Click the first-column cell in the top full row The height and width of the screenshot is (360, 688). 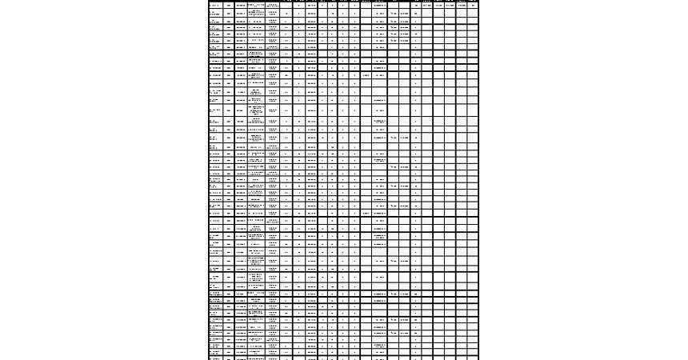click(215, 6)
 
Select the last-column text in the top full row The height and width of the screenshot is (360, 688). click(473, 6)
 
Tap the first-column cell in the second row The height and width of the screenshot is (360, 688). click(215, 14)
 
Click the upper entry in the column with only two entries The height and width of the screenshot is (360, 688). click(366, 76)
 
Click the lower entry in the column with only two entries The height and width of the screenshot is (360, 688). click(366, 214)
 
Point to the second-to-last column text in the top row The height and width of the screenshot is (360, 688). click(462, 6)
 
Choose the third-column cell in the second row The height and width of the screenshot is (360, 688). click(241, 14)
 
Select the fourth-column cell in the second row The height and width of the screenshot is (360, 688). click(256, 14)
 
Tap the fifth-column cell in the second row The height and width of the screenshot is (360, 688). click(273, 14)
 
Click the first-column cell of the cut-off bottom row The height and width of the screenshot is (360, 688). click(215, 358)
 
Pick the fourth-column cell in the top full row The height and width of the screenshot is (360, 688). click(256, 6)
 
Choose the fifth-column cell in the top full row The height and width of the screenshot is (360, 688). click(273, 6)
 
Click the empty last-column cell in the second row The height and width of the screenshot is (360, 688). click(473, 14)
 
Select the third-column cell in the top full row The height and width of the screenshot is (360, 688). click(241, 6)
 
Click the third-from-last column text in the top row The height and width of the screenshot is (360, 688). click(450, 6)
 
